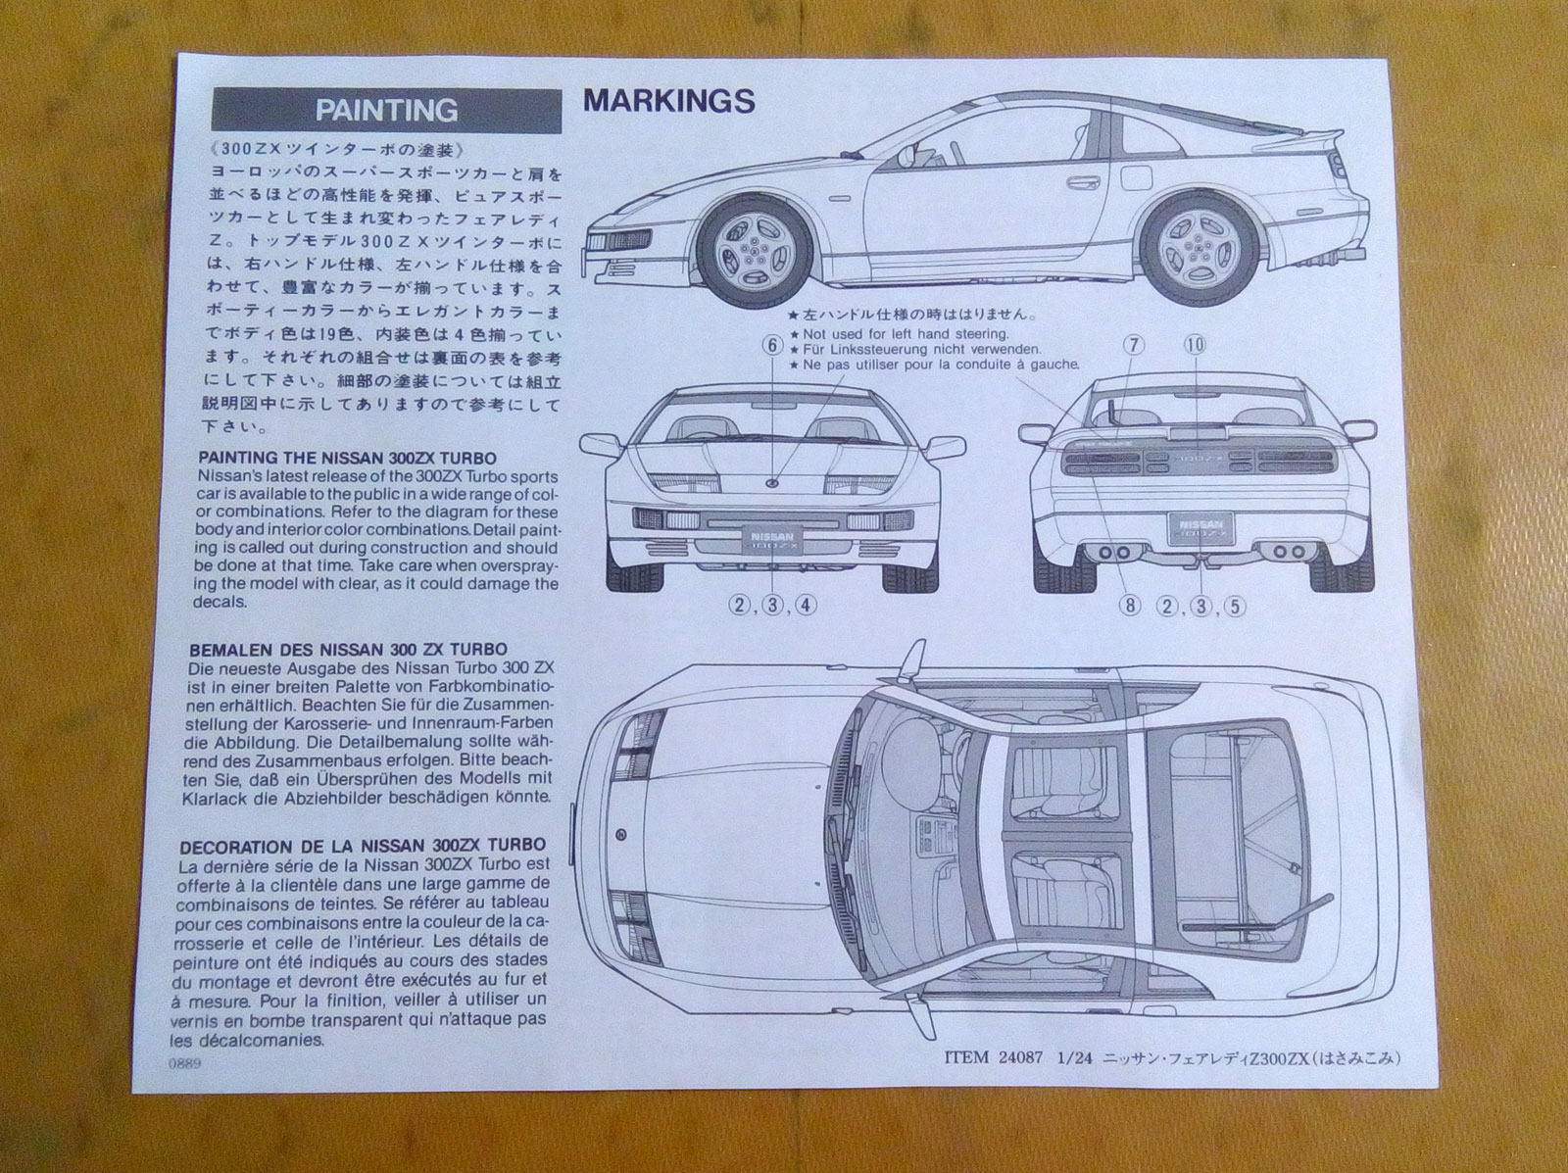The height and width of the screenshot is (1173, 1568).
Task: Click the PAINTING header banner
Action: (386, 110)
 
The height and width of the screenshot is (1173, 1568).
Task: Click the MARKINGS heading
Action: (668, 100)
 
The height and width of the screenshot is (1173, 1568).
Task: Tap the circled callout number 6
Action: (772, 345)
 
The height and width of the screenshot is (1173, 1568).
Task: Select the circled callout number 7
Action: (1134, 344)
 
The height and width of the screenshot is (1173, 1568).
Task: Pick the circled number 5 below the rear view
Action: (1235, 605)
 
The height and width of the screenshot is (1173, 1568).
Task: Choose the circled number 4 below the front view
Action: (805, 604)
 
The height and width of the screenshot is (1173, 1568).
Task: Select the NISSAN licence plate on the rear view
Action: (1199, 531)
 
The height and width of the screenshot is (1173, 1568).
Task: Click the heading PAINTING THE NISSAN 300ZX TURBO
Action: (347, 458)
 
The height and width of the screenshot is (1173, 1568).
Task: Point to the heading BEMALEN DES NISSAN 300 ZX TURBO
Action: (352, 649)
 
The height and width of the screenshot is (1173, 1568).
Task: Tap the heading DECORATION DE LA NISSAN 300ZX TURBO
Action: (363, 846)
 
